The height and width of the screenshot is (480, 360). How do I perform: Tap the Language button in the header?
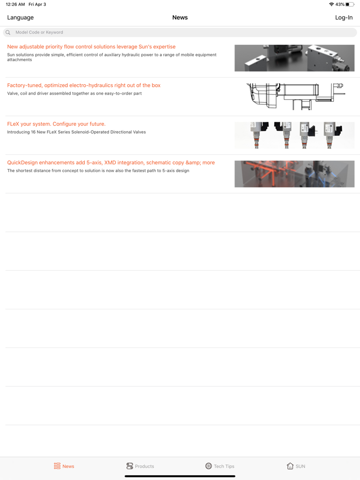click(x=20, y=17)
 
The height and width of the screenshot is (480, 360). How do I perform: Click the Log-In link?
click(x=344, y=17)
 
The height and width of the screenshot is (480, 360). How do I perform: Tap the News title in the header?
click(x=180, y=17)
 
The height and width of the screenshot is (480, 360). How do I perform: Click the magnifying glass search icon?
click(x=8, y=32)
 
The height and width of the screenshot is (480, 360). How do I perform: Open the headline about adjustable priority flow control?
click(x=92, y=47)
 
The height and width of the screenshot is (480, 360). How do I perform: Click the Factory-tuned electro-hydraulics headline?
click(x=84, y=85)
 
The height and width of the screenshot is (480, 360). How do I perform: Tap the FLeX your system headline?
click(x=56, y=124)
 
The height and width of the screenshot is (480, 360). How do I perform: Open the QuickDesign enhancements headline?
click(x=111, y=162)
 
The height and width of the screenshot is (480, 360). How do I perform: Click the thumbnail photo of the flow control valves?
click(x=295, y=58)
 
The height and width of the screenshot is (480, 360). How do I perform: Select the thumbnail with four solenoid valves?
click(x=295, y=135)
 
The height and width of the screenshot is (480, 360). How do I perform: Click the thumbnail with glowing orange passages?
click(x=295, y=174)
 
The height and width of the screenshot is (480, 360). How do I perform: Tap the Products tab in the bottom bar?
click(x=140, y=466)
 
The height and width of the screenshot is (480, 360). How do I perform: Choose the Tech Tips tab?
click(x=220, y=466)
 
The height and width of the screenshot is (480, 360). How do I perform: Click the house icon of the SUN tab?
click(x=290, y=466)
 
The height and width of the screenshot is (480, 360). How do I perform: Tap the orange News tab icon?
click(x=57, y=466)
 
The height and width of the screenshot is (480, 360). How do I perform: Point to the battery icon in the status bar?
click(x=350, y=4)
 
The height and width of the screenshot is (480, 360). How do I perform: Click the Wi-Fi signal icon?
click(x=331, y=4)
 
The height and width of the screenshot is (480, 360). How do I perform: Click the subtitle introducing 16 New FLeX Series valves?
click(x=76, y=132)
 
